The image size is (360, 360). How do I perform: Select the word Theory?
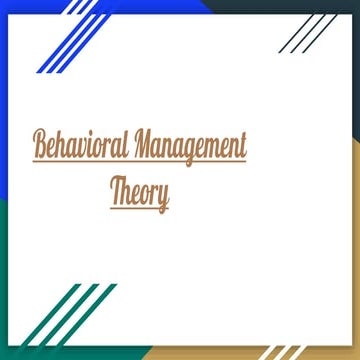pos(139,194)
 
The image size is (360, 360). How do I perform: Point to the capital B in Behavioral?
pos(41,146)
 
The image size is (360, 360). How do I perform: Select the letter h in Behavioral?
pos(63,146)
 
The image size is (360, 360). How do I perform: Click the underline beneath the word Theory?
pos(139,209)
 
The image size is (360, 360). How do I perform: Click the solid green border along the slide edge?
pos(6,280)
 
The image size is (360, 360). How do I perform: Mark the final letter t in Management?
pos(241,147)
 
